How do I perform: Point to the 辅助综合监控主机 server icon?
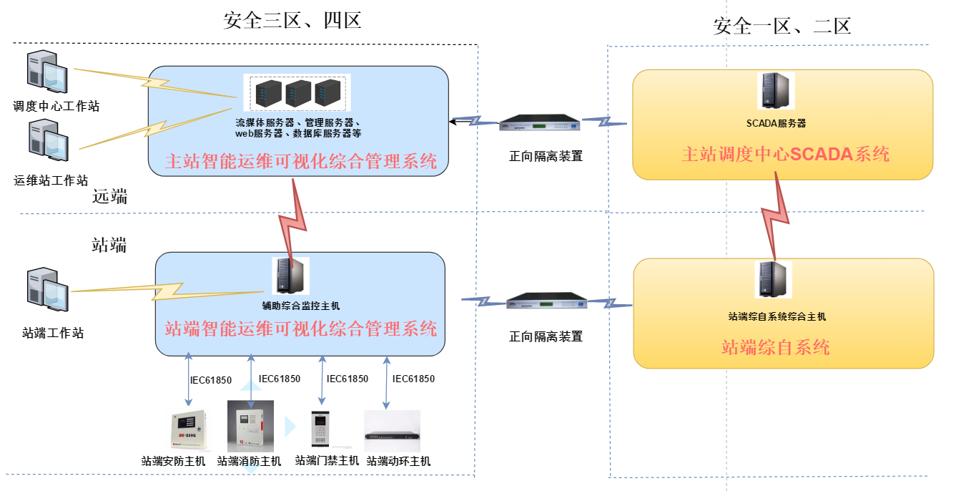pos(290,276)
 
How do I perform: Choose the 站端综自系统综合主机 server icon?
pos(774,279)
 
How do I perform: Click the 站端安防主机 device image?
pos(188,431)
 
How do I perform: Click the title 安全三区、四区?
pos(292,20)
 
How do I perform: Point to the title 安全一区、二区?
pos(782,27)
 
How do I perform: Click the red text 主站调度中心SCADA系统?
pos(785,154)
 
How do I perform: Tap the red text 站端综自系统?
pos(775,348)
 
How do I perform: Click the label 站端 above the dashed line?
pos(109,245)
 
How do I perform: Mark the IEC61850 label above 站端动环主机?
pos(413,379)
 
